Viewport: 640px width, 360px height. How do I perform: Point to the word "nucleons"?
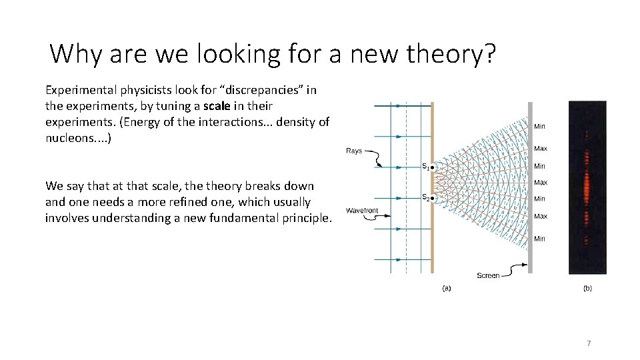pyautogui.click(x=70, y=138)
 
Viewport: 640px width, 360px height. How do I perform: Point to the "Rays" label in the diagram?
pyautogui.click(x=354, y=151)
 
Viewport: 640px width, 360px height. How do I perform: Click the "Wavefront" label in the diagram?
pyautogui.click(x=362, y=211)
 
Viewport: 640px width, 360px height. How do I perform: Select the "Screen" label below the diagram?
pyautogui.click(x=488, y=275)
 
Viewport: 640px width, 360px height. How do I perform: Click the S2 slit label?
pyautogui.click(x=425, y=197)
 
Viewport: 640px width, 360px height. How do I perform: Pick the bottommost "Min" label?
pyautogui.click(x=539, y=239)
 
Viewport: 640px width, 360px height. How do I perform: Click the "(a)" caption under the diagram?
pyautogui.click(x=447, y=289)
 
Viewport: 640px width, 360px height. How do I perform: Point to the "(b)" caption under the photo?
pyautogui.click(x=587, y=289)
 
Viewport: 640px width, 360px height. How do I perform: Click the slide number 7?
pyautogui.click(x=589, y=343)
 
